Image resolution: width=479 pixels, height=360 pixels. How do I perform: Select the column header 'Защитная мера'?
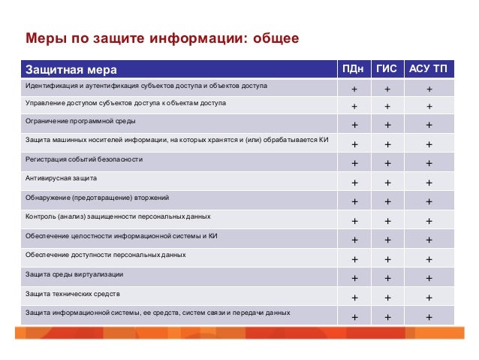71,70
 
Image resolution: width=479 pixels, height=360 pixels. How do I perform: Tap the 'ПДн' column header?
354,70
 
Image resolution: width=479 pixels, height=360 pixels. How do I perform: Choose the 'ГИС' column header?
387,70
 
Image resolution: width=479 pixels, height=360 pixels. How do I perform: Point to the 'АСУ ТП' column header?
429,70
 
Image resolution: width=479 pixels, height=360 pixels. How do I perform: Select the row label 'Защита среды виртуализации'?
74,274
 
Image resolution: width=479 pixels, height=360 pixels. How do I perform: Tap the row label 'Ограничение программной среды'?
81,121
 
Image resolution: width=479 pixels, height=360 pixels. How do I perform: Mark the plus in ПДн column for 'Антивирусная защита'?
354,183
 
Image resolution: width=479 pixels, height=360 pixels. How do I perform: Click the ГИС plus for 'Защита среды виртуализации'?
387,279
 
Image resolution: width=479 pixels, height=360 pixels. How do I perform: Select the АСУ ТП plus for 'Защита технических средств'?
429,298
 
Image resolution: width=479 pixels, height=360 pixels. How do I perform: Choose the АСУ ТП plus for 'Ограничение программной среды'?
429,126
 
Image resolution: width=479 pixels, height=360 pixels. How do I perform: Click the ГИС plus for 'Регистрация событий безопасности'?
387,164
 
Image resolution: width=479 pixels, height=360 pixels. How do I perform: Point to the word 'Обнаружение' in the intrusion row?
48,198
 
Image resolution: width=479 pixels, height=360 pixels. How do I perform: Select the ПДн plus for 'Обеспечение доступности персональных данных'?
354,259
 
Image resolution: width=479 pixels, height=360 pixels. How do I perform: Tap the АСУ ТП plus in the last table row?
429,316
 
